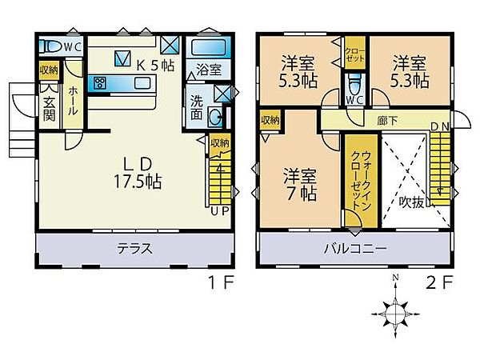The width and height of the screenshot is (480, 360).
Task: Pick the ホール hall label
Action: (72, 101)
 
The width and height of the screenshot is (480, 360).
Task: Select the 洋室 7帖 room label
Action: (300, 182)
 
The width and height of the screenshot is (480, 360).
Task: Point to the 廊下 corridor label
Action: (388, 121)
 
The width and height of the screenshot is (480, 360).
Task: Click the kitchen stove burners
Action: (100, 82)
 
